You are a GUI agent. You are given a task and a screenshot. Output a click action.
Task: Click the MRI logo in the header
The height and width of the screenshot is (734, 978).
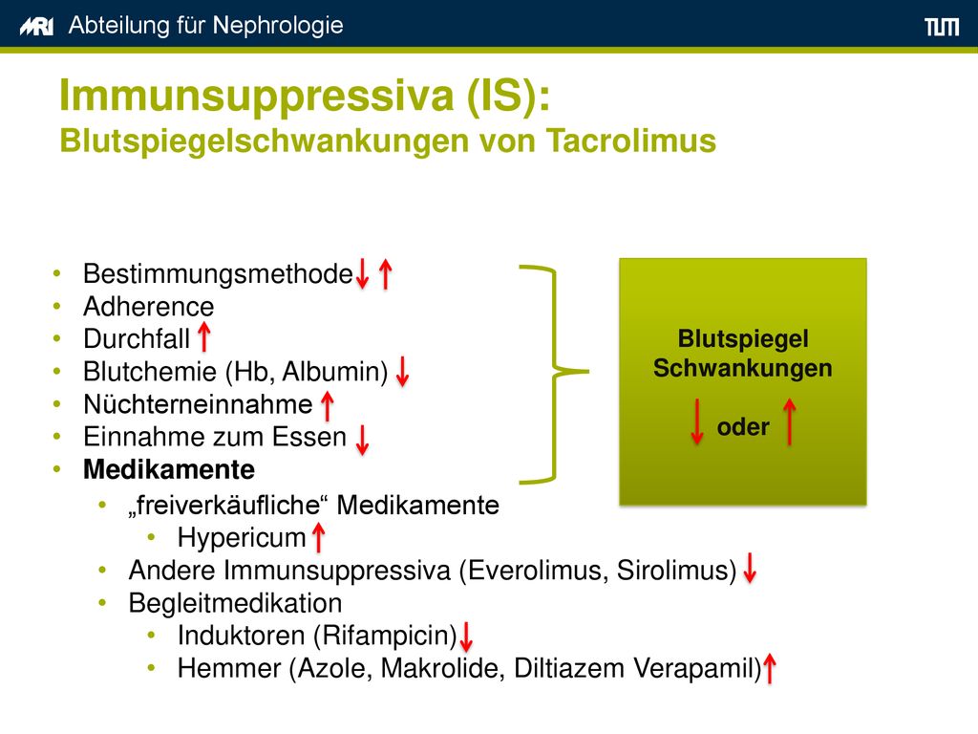tap(36, 27)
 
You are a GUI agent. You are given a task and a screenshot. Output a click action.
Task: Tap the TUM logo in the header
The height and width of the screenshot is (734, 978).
tap(942, 27)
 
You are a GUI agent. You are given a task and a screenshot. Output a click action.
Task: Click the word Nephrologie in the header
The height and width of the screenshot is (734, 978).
tap(278, 26)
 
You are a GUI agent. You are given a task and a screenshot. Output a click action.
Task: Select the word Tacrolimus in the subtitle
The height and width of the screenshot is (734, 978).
tap(631, 140)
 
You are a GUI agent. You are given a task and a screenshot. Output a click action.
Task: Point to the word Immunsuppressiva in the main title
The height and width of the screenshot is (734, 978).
tap(256, 96)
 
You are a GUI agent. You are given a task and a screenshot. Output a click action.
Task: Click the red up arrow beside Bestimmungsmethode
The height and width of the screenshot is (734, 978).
tap(386, 274)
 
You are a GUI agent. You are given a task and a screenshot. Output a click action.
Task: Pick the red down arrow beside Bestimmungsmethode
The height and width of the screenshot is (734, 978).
tap(362, 274)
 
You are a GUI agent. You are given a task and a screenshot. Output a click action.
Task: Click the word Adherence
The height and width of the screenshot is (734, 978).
tap(148, 307)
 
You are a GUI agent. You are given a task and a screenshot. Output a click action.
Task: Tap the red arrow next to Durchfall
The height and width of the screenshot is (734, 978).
tap(204, 336)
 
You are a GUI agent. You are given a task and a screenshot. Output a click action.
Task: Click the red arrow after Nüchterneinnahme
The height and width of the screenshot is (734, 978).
tap(328, 405)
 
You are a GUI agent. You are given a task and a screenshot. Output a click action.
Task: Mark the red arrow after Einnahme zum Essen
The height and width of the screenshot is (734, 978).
tap(362, 440)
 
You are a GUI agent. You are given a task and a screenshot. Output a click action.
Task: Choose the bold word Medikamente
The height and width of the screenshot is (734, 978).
tap(169, 469)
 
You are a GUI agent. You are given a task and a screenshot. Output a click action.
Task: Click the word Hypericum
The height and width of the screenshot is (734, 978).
tap(242, 537)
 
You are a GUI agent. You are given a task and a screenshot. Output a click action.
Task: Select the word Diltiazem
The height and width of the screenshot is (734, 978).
tap(569, 668)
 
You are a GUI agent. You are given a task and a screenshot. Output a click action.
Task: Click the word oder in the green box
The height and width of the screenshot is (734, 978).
tap(743, 427)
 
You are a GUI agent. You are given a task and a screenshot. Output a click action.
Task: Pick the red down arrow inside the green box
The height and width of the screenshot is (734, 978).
tap(697, 421)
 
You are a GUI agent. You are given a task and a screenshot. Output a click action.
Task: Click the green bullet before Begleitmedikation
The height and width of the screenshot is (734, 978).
tap(102, 603)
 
